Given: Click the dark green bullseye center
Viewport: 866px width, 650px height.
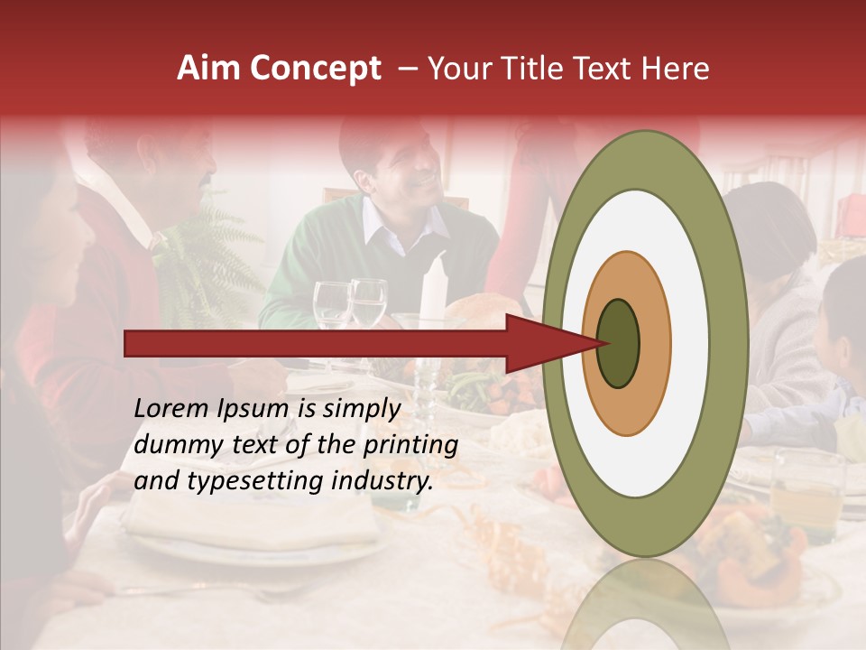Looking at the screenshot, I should [x=619, y=342].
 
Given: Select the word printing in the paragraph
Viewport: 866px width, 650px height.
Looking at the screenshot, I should [x=410, y=445].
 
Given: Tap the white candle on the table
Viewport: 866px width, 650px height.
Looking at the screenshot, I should [x=434, y=289].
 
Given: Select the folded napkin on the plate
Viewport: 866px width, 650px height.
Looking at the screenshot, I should [x=253, y=519].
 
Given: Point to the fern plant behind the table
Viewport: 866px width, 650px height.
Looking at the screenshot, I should [x=203, y=262].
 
